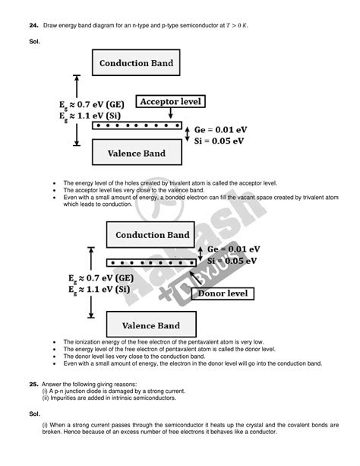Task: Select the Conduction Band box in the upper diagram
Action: tap(136, 63)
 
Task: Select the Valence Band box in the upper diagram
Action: tap(135, 154)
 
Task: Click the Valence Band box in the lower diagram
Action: tap(152, 326)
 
